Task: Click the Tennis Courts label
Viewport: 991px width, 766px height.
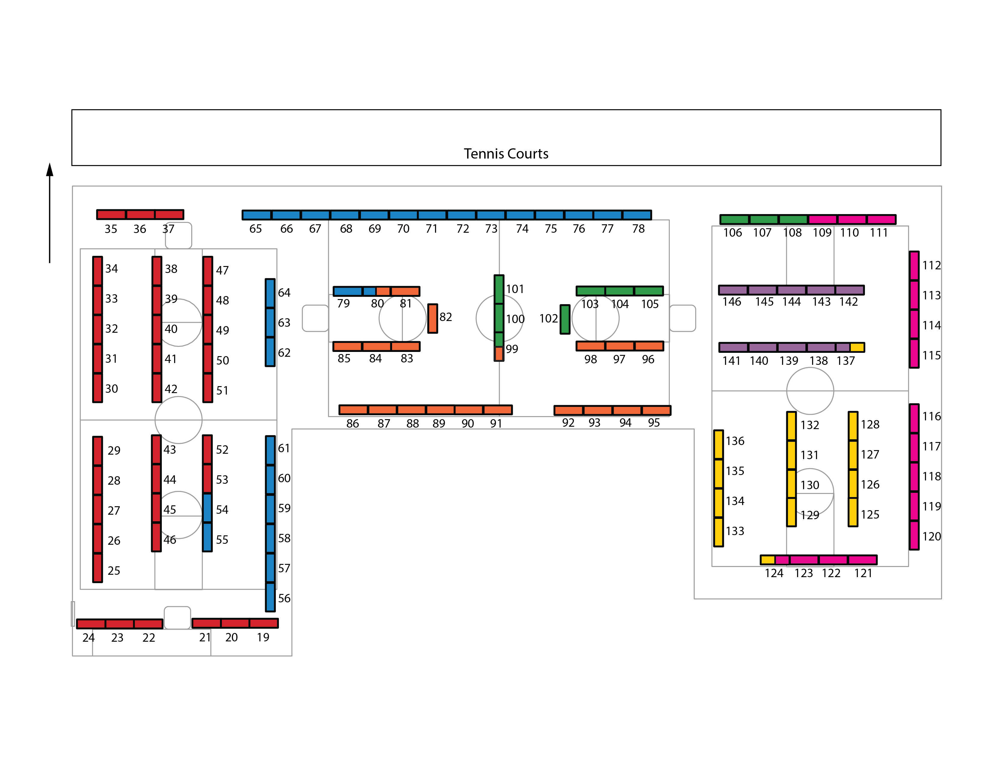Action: point(506,154)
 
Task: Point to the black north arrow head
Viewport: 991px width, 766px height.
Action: point(50,170)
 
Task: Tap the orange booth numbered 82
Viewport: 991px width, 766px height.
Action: point(432,319)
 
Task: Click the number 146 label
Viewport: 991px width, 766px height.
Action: point(731,302)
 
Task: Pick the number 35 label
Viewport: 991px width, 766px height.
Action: point(111,229)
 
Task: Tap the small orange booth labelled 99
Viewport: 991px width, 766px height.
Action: point(499,353)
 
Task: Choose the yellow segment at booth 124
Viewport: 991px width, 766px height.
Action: point(768,559)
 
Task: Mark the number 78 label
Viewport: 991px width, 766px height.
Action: point(638,229)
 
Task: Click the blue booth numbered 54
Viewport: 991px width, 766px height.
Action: point(207,508)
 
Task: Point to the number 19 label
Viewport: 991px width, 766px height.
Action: point(263,637)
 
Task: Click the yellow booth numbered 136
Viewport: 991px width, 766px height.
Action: point(718,445)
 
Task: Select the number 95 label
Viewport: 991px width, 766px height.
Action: point(653,423)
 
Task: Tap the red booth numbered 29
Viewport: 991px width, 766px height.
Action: point(98,451)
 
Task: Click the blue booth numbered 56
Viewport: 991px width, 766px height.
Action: point(270,597)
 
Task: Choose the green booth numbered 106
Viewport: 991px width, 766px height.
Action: point(734,220)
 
